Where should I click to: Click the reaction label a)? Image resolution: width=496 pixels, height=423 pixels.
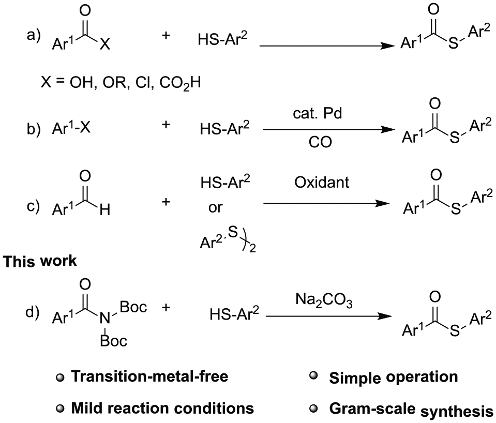point(34,35)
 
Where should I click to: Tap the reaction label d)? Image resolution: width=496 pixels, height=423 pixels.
point(33,312)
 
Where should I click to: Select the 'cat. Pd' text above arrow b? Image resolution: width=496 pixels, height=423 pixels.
point(317,113)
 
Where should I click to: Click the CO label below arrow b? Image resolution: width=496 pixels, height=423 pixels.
point(320,142)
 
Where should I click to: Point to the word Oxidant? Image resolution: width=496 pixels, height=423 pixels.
point(322,182)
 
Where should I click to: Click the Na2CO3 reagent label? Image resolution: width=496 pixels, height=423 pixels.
point(324,300)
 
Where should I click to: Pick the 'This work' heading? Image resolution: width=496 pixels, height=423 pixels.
point(40,261)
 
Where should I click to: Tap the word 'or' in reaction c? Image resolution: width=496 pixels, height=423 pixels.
point(216,207)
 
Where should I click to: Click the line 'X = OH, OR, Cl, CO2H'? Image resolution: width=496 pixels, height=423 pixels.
point(121,84)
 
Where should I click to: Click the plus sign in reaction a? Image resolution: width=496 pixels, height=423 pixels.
point(166,35)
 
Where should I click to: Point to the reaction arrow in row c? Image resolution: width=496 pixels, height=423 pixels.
point(326,203)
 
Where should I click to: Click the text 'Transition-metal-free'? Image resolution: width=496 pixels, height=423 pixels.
point(149,376)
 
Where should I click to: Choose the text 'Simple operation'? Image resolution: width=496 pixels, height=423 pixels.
point(394,377)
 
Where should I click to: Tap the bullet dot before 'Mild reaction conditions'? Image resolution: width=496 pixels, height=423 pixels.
point(60,409)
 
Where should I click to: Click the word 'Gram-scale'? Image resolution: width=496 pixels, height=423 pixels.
point(372,408)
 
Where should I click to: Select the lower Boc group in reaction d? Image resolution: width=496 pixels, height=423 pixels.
point(114,341)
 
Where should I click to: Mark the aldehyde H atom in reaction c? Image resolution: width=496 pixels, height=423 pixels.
point(105,209)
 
